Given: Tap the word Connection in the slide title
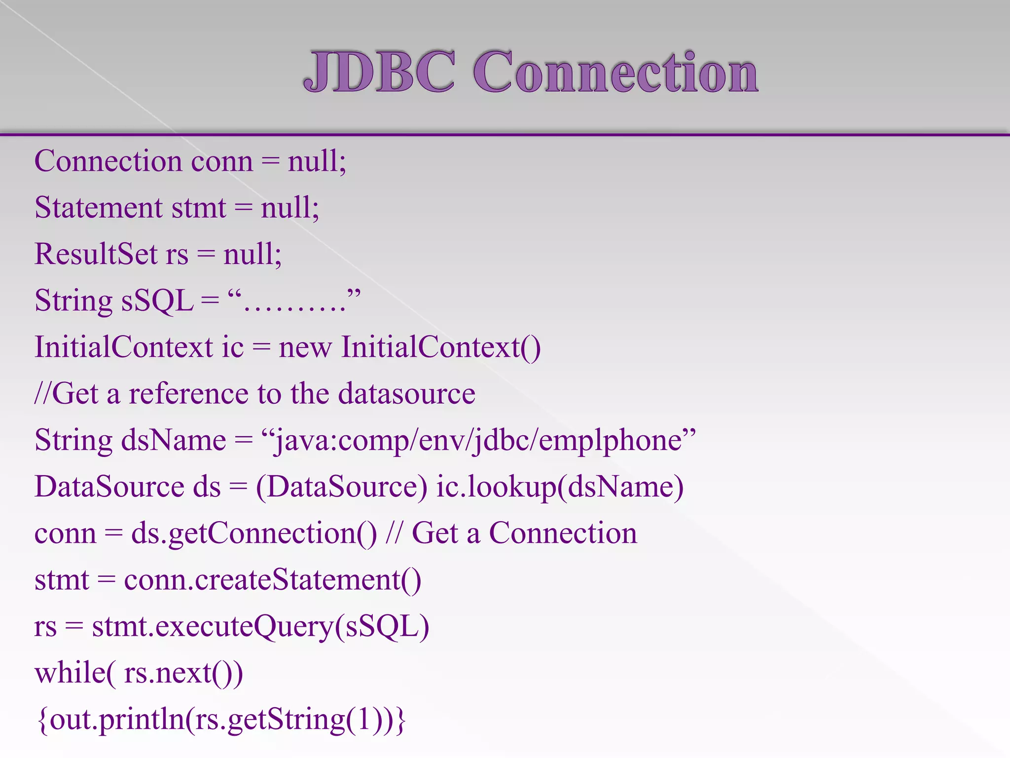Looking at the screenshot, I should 615,72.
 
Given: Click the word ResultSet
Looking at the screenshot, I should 96,254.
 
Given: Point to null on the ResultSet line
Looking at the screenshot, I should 252,254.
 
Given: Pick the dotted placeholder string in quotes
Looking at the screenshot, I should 294,301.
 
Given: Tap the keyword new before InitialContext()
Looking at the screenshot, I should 305,347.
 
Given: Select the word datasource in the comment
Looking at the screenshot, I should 406,394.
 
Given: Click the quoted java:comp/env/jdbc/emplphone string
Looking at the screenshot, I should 478,440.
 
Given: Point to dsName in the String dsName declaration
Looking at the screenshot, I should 174,440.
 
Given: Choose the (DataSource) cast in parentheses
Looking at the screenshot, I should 341,487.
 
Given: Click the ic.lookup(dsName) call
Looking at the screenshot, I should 560,487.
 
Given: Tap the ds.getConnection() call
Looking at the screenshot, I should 253,533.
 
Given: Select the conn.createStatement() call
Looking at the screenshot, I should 272,580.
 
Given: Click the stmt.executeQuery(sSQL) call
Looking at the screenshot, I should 260,627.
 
